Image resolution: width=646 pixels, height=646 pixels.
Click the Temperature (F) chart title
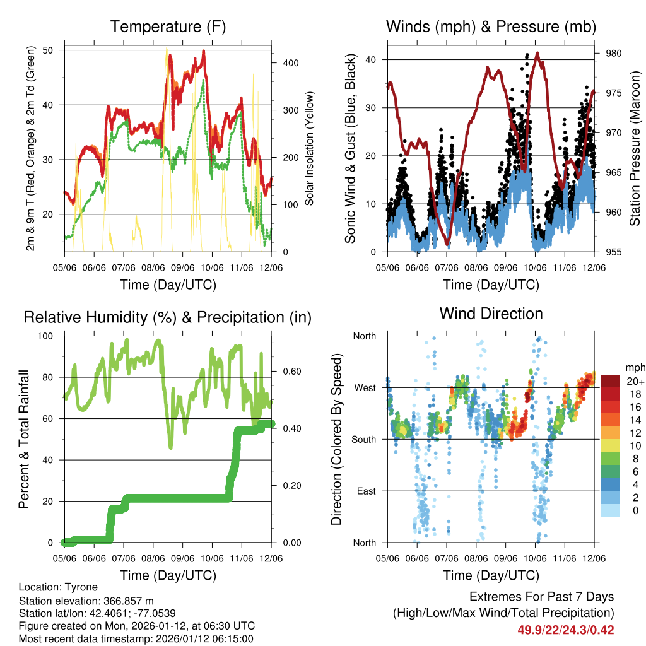pos(168,27)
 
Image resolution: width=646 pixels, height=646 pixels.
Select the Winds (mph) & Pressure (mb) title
pos(491,27)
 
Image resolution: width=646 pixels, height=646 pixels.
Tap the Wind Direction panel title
pos(491,314)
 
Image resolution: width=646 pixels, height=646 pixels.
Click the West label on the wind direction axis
pos(365,387)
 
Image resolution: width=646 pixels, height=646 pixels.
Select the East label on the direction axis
pos(366,491)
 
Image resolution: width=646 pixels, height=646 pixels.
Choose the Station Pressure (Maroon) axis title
pos(635,148)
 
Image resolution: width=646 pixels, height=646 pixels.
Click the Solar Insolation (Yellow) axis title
pos(309,149)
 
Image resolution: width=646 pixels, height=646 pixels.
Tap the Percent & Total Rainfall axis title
pos(24,439)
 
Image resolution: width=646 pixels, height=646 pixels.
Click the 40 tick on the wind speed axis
pos(372,60)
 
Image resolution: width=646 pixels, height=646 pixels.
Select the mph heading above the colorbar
pos(633,367)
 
